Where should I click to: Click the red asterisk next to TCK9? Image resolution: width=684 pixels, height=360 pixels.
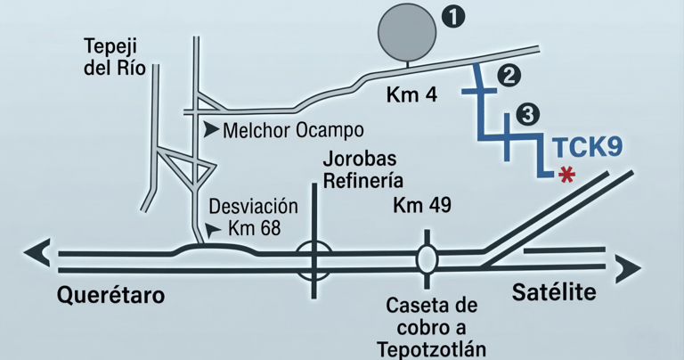point(565,176)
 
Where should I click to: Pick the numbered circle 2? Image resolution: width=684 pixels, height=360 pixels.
point(509,76)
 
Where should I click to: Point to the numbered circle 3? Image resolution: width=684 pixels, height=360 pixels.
point(527,114)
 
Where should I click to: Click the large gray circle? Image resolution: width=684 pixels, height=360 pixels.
point(408,32)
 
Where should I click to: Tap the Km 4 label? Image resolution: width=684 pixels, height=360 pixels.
point(411,94)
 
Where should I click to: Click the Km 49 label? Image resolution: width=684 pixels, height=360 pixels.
point(422,205)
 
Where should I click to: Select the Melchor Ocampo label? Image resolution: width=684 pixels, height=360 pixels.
point(293,130)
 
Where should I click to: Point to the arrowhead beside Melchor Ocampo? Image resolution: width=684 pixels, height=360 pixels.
point(211,130)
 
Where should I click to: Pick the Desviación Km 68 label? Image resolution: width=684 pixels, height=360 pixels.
point(245,217)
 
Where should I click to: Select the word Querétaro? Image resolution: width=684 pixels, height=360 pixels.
point(111,295)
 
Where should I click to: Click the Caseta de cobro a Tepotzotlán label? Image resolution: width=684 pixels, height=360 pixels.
point(431,326)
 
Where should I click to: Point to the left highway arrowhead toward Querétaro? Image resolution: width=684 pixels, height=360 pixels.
point(37,254)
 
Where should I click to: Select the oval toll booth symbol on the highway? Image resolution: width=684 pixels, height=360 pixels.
point(426,258)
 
